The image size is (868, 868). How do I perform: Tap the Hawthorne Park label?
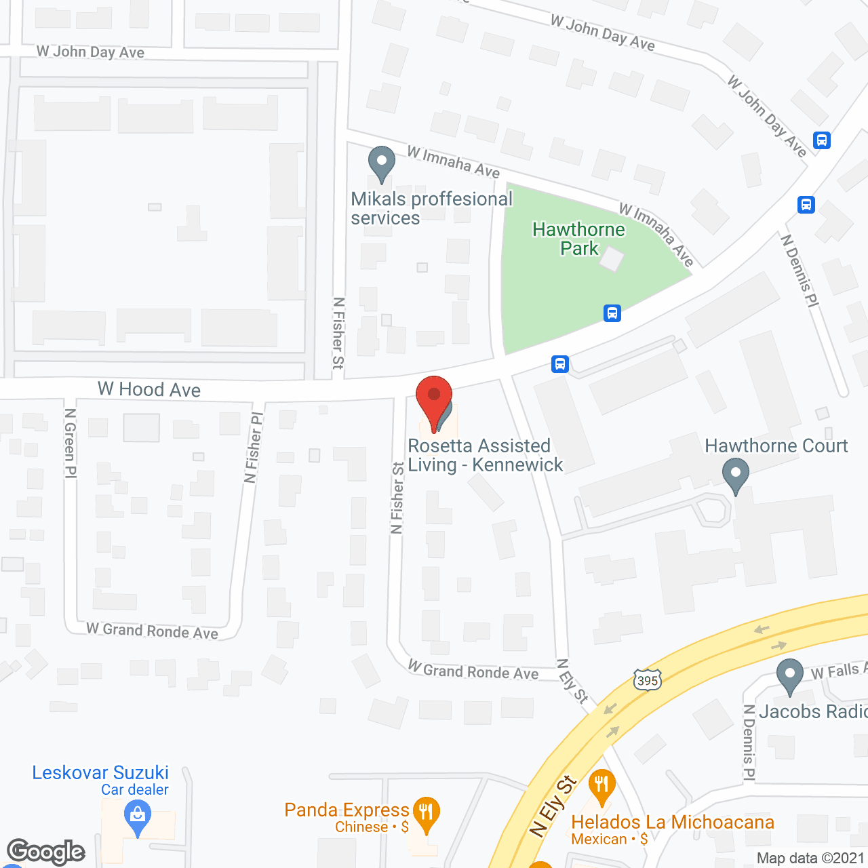pos(578,239)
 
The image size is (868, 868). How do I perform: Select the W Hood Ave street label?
pos(149,389)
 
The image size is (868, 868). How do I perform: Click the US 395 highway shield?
pos(648,679)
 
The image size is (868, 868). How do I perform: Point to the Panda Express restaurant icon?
pos(426,812)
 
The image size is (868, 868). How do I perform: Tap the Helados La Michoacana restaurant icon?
pos(601,786)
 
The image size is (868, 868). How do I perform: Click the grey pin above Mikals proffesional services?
pos(382,163)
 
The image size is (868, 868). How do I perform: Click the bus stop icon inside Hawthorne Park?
pos(612,313)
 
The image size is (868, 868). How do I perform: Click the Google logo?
pos(46,852)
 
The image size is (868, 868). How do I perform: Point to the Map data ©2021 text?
pos(810,858)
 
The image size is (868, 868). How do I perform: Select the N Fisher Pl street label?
pos(253,448)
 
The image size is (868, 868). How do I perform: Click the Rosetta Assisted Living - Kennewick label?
pos(485,455)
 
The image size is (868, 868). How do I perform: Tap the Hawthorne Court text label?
pos(776,446)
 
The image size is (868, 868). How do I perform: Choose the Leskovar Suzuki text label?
pos(100,772)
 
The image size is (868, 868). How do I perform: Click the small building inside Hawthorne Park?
pos(612,259)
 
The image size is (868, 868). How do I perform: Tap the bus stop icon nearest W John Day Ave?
pos(822,140)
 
